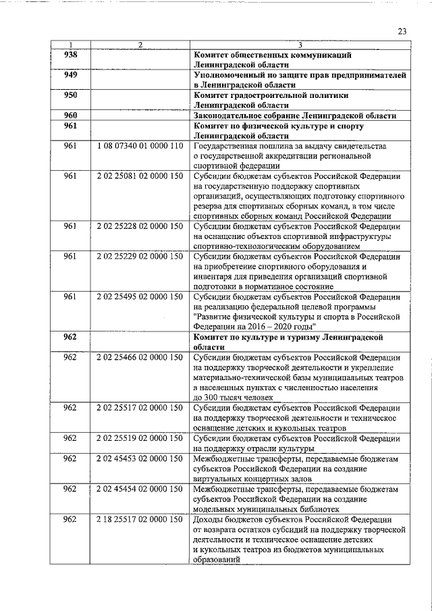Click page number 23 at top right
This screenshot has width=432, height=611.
click(x=402, y=31)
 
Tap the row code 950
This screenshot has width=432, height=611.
click(x=70, y=95)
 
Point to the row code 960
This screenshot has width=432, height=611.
click(x=70, y=115)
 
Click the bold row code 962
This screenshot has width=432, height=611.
click(x=70, y=336)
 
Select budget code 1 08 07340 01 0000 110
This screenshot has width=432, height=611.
click(x=140, y=146)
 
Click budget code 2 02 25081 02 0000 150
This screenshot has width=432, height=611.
click(x=140, y=176)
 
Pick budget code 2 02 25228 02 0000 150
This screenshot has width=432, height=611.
click(x=140, y=227)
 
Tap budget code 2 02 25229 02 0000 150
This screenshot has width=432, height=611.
click(x=140, y=257)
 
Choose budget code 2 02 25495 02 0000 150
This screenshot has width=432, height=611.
click(x=140, y=296)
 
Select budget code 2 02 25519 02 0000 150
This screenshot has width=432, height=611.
click(x=140, y=437)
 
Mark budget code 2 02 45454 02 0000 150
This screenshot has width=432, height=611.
click(x=140, y=487)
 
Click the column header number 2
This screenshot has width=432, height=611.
click(x=140, y=45)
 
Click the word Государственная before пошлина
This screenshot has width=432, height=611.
click(x=230, y=146)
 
